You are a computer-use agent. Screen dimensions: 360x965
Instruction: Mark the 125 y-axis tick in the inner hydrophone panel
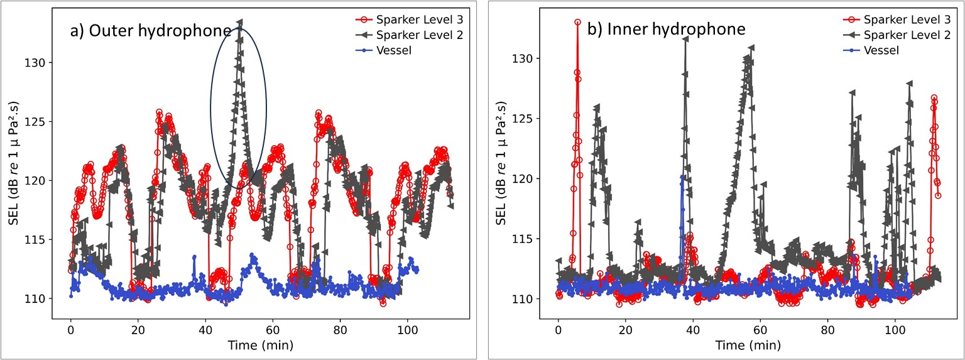click(525, 119)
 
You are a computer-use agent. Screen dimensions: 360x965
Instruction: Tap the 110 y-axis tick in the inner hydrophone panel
click(525, 299)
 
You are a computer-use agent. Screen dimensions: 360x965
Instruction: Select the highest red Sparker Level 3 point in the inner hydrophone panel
click(577, 22)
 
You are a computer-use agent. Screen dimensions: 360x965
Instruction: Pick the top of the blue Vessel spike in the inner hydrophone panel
click(682, 177)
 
